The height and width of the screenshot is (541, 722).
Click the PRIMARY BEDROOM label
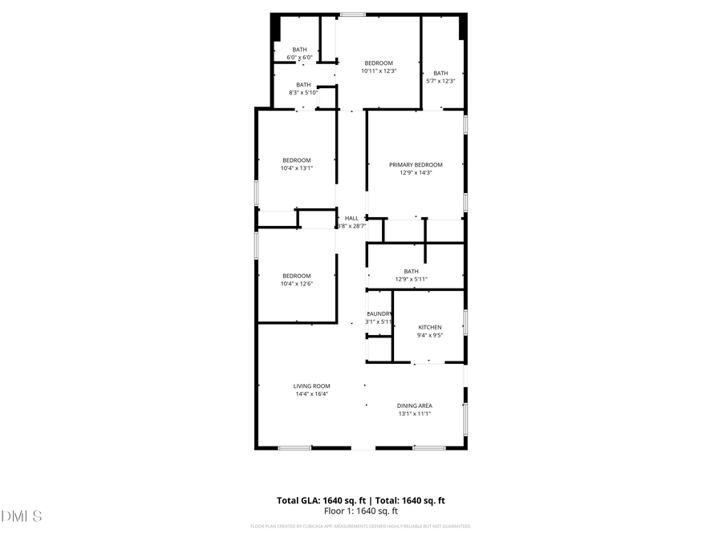(x=416, y=165)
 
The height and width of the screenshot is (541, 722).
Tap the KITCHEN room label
(x=429, y=327)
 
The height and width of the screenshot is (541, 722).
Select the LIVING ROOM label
(x=311, y=386)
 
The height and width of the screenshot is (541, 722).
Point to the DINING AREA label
(x=415, y=406)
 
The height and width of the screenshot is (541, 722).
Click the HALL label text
(x=352, y=218)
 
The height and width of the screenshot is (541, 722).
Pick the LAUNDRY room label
(x=379, y=313)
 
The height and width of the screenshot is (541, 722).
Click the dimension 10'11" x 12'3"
(x=379, y=71)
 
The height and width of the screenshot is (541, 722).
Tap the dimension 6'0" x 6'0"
(x=299, y=58)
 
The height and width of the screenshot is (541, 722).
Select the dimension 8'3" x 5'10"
(x=303, y=93)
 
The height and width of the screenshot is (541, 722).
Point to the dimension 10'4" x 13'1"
(x=296, y=168)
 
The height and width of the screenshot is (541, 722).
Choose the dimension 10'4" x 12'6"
(x=296, y=284)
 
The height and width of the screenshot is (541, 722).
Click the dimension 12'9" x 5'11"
(x=411, y=280)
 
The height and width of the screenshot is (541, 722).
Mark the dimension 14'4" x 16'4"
(x=311, y=394)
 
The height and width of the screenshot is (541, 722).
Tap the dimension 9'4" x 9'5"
(x=429, y=336)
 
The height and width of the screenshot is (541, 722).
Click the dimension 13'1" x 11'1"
(x=415, y=414)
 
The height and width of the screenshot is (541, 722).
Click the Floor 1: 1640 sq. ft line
(x=361, y=511)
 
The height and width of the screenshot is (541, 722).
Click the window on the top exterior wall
(x=352, y=14)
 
